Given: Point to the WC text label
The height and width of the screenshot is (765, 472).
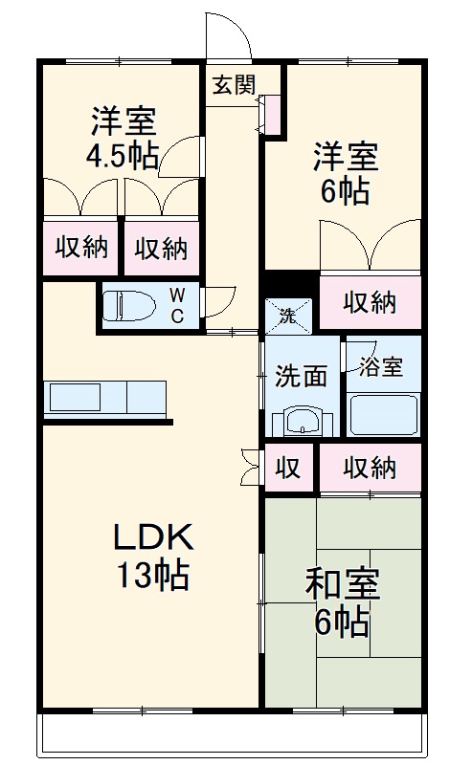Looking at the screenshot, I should pyautogui.click(x=178, y=305).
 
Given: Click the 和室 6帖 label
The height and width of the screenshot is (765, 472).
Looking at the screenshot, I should pyautogui.click(x=342, y=602).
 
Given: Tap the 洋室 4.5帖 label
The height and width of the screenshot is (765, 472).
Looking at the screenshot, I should pyautogui.click(x=124, y=140).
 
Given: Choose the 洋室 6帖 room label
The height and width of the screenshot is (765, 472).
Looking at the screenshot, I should pyautogui.click(x=344, y=173).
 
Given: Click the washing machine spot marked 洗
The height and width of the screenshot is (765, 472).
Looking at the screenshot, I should pyautogui.click(x=287, y=313).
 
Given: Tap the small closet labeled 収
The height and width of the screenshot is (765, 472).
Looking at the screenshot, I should pyautogui.click(x=288, y=468).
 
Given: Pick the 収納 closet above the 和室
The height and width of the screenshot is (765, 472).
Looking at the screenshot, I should pyautogui.click(x=370, y=468).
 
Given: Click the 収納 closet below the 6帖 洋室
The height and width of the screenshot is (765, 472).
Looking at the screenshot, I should pyautogui.click(x=370, y=302).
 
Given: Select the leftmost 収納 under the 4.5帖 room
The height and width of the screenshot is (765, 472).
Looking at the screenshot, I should pyautogui.click(x=80, y=248).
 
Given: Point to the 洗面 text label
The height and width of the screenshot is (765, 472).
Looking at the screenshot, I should pyautogui.click(x=302, y=376).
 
